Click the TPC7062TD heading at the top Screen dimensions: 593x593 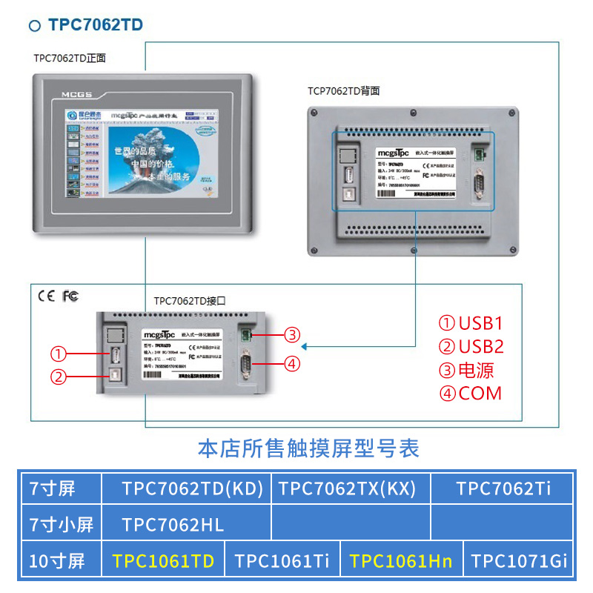pyautogui.click(x=95, y=25)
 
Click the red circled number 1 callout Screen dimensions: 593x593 pyautogui.click(x=59, y=354)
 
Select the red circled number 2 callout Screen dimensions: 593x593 pyautogui.click(x=59, y=377)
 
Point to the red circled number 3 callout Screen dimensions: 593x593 pyautogui.click(x=293, y=334)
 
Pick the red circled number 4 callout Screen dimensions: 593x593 pyautogui.click(x=293, y=363)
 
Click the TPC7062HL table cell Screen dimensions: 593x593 pyautogui.click(x=173, y=525)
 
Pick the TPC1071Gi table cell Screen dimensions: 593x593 pyautogui.click(x=520, y=561)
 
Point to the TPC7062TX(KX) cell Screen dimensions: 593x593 pyautogui.click(x=347, y=488)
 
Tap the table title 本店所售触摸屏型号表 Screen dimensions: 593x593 pyautogui.click(x=308, y=448)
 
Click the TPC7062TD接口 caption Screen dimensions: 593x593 pyautogui.click(x=189, y=302)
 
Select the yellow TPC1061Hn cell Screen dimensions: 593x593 pyautogui.click(x=401, y=561)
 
